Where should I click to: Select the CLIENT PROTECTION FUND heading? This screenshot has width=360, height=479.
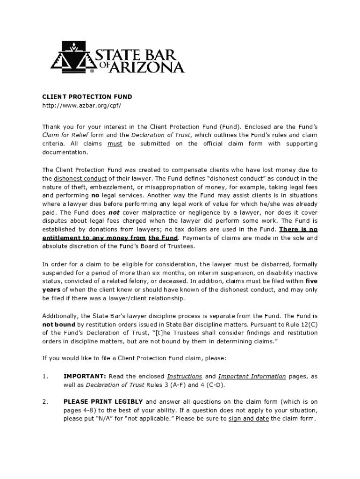point(87,97)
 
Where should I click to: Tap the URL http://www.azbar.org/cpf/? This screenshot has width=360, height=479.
point(82,106)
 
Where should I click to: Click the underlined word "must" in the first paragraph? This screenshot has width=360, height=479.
point(115,144)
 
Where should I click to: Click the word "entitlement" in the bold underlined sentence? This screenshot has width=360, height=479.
point(61,238)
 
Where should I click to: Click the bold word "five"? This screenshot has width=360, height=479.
point(311,281)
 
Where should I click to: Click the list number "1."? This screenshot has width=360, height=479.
point(45,376)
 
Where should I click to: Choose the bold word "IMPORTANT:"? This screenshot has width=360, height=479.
point(85,376)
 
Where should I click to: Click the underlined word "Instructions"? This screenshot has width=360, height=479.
point(184,376)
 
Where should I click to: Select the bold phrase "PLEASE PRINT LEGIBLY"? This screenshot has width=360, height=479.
point(103,401)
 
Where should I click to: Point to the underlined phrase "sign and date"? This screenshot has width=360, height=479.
point(248,419)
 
